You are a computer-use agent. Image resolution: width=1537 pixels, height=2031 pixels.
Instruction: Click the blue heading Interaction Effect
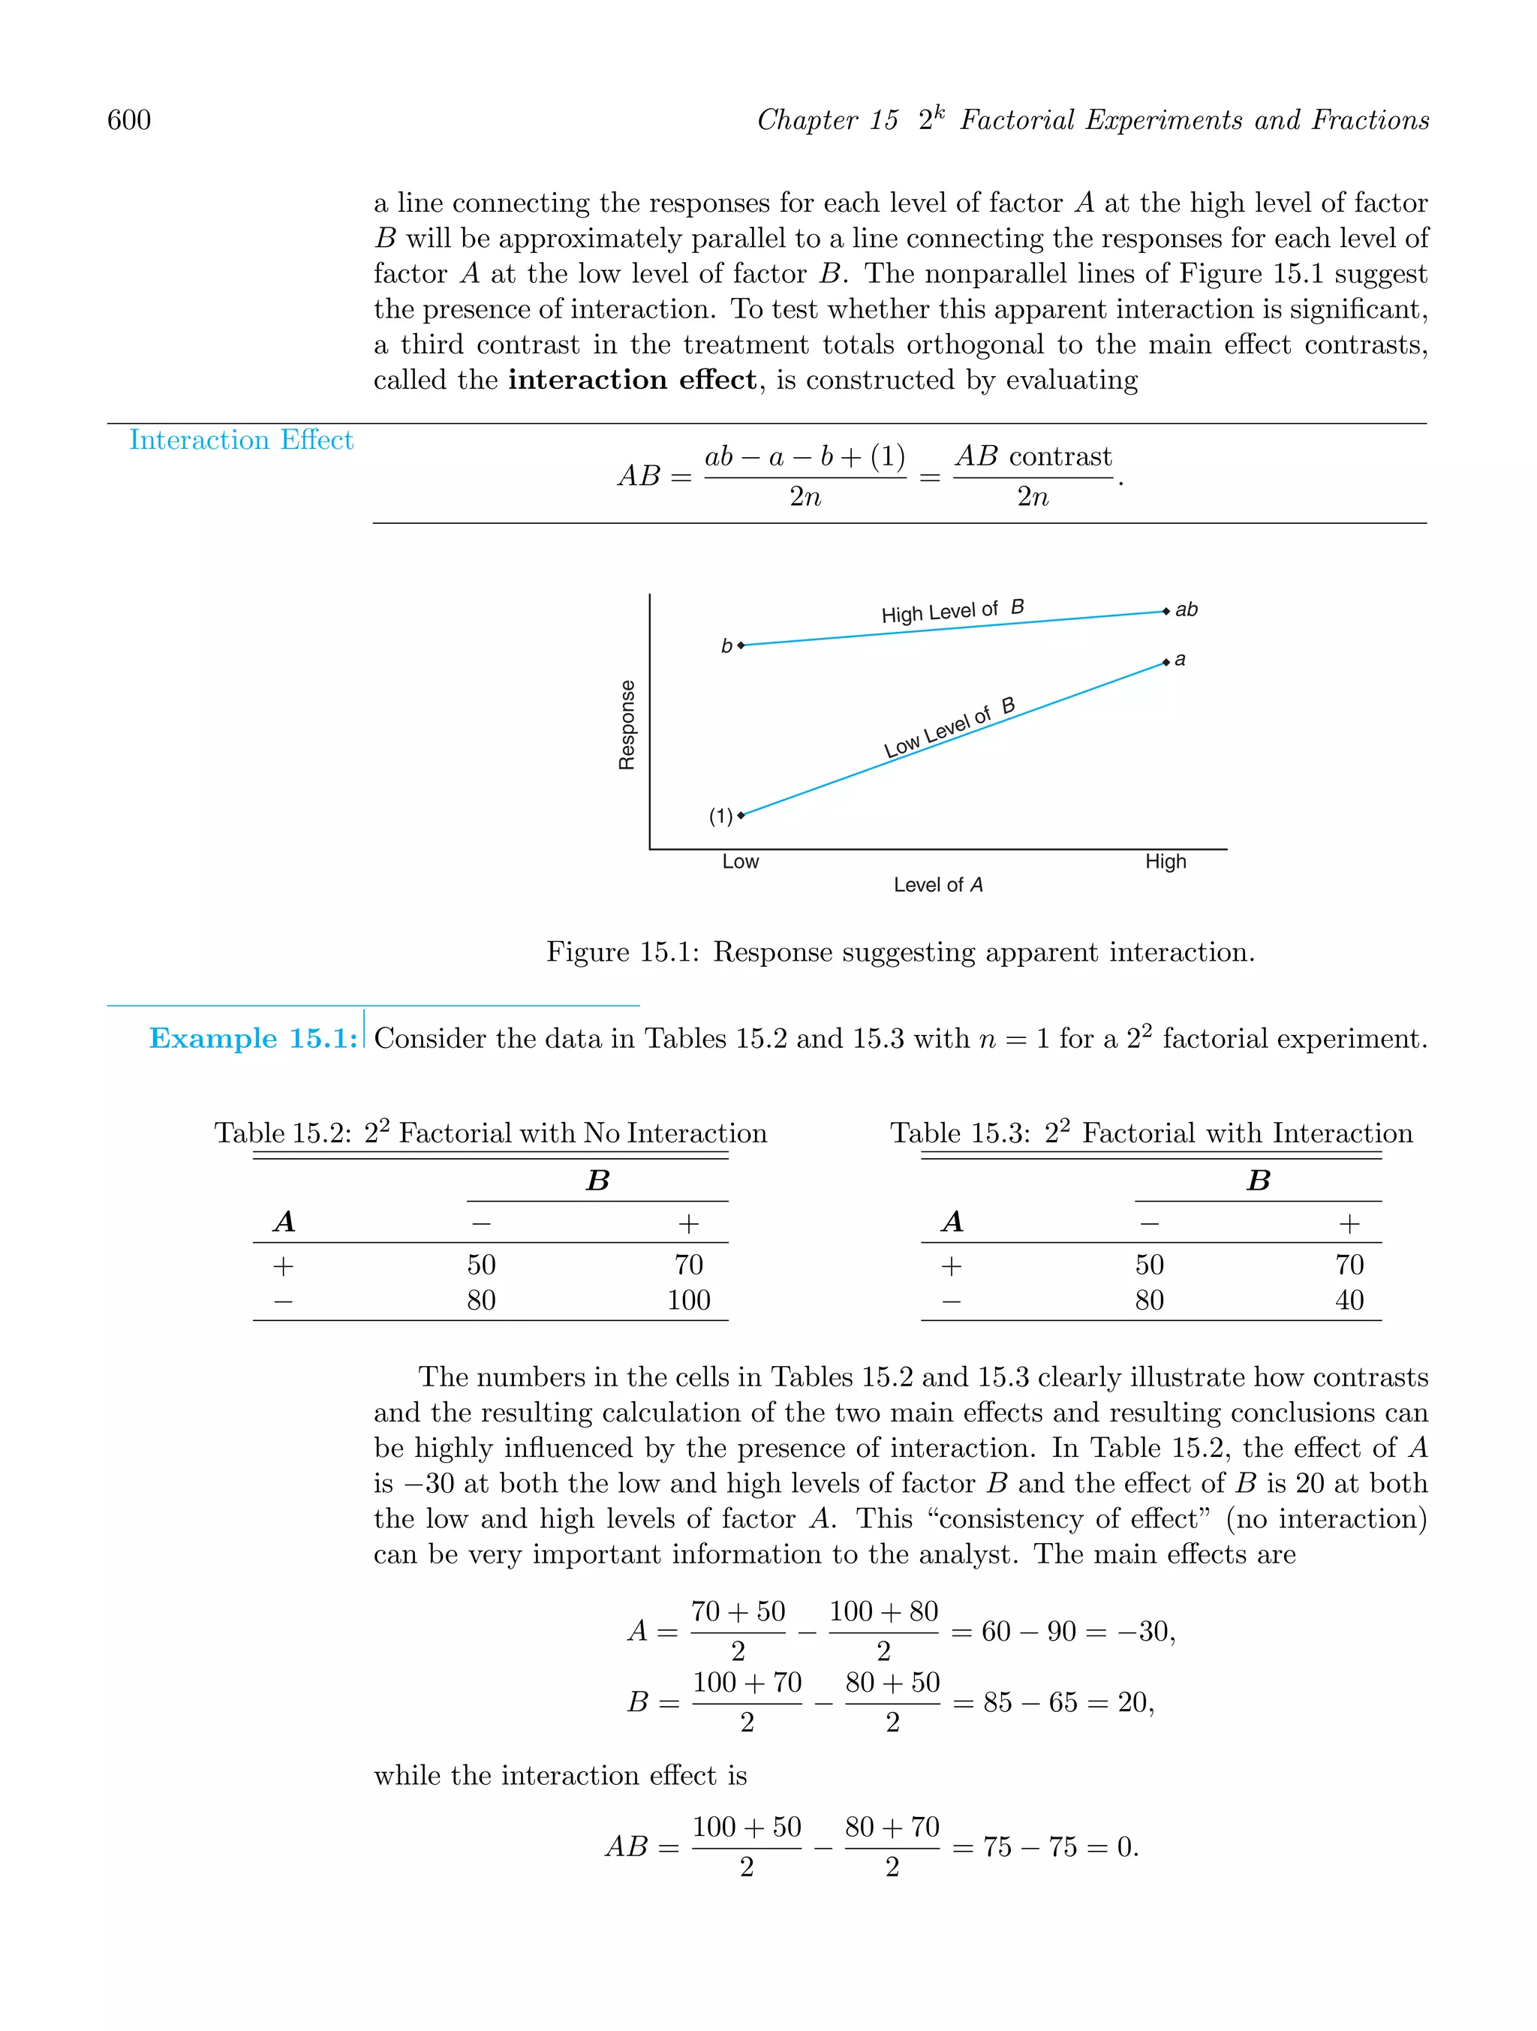(241, 440)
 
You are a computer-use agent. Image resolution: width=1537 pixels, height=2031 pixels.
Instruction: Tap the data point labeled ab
(1166, 612)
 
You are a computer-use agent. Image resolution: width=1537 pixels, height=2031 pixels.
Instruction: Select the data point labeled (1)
(741, 814)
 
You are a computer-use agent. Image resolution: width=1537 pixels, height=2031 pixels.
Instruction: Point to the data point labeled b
(741, 645)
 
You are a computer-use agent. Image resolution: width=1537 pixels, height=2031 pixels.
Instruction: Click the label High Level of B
(952, 612)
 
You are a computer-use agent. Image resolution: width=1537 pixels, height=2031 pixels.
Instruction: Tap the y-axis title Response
(627, 724)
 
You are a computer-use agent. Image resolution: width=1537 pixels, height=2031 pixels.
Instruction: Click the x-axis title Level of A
(937, 885)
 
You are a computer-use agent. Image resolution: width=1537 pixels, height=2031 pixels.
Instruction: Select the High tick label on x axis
(1166, 861)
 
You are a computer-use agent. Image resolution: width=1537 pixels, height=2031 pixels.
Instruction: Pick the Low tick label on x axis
(740, 861)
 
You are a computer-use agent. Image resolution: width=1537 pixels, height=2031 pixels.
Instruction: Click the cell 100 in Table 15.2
(689, 1300)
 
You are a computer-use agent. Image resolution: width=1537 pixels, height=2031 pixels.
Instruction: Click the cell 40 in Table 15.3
(1349, 1300)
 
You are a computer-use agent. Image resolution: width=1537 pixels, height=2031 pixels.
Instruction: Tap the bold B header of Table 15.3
(1258, 1181)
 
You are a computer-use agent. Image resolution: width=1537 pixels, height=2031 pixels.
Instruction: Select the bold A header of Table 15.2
(284, 1222)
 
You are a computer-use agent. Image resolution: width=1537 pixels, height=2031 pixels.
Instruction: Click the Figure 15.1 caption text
(900, 952)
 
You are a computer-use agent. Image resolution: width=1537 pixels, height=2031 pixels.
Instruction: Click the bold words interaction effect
(633, 380)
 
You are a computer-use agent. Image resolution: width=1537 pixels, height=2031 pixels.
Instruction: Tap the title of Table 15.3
(1150, 1133)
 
